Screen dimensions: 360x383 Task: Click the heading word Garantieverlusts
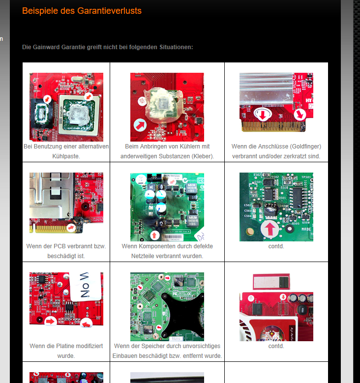point(109,11)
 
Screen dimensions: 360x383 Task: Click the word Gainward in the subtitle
point(46,47)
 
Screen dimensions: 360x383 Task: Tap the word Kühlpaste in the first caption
point(66,156)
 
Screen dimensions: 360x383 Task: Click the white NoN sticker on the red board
point(86,286)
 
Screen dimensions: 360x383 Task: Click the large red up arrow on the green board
point(270,229)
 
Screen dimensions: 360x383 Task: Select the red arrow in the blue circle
point(140,125)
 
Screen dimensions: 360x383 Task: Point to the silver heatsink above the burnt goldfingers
point(267,88)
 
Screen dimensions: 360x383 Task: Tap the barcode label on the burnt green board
point(173,237)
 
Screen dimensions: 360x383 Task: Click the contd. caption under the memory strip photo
point(276,346)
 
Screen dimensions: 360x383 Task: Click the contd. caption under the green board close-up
point(276,246)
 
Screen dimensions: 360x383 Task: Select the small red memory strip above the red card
point(271,282)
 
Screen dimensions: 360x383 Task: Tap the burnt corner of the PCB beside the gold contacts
point(78,225)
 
